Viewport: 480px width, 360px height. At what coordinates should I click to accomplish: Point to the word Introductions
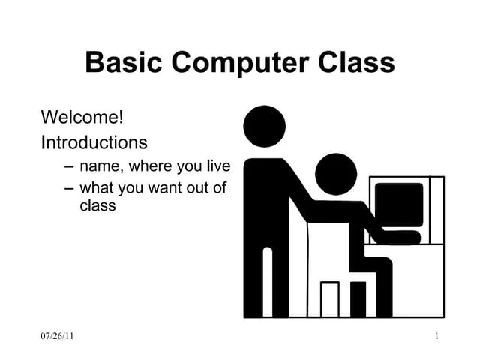pos(94,142)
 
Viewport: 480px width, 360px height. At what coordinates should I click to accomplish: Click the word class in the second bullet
pos(97,205)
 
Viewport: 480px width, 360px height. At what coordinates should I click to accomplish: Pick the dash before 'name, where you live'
pos(70,166)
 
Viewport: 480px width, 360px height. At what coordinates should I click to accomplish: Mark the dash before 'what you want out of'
pos(70,188)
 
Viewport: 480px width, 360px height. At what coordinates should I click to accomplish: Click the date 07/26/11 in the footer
pos(57,337)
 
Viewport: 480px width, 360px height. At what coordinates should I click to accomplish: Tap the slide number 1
pos(436,337)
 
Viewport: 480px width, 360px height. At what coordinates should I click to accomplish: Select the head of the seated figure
pos(336,173)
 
